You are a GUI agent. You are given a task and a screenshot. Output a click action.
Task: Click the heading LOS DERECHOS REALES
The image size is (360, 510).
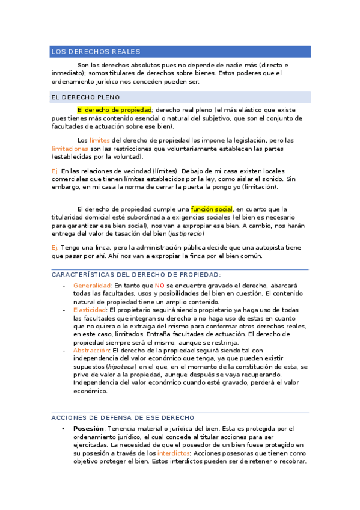tap(96, 52)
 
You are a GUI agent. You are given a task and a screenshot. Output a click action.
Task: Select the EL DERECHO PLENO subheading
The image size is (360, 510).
tap(85, 97)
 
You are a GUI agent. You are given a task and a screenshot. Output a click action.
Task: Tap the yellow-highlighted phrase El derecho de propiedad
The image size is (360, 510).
tap(114, 110)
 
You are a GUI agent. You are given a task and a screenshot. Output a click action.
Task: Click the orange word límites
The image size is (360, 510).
tap(100, 140)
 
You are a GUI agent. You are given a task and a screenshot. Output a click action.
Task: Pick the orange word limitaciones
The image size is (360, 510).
tap(70, 148)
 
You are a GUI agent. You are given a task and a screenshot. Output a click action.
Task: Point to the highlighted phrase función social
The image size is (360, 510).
tap(212, 209)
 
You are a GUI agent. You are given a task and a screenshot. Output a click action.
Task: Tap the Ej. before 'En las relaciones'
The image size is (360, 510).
tap(55, 171)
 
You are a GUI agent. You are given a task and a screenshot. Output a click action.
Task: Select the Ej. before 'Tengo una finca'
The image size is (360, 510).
tap(55, 248)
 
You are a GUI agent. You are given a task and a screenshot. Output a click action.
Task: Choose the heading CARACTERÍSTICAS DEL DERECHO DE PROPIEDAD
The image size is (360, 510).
tap(128, 274)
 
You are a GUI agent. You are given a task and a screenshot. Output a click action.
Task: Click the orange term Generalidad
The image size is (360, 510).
tap(91, 285)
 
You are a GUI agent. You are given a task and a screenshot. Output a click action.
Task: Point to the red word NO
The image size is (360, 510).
tap(159, 285)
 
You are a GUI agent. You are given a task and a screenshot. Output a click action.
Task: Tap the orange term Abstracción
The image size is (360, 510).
tap(91, 350)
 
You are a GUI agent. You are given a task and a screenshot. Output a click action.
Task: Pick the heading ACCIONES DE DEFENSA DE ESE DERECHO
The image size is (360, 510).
tap(123, 417)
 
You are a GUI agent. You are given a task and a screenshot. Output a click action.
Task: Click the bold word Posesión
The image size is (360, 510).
tap(89, 428)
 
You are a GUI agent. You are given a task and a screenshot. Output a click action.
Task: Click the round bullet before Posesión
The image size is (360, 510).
tap(64, 428)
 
